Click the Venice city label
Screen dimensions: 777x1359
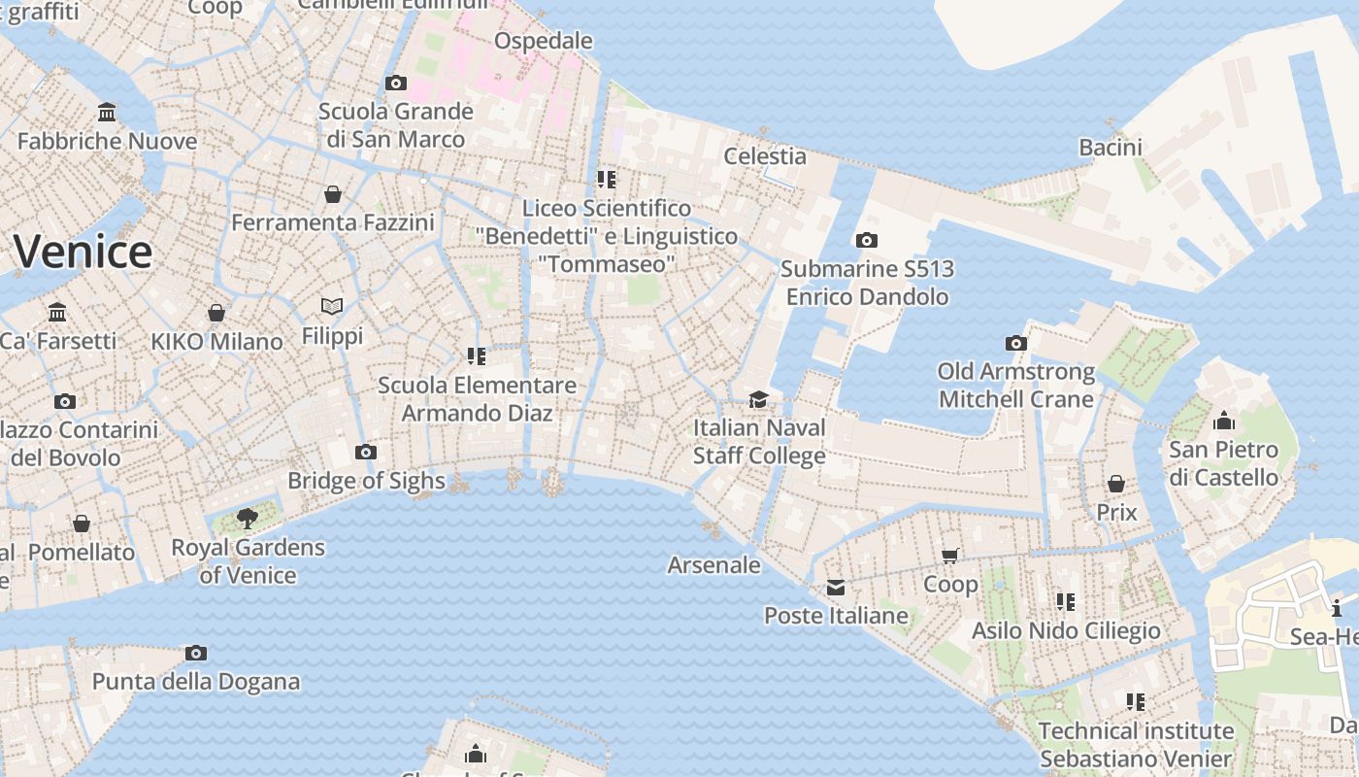tap(83, 252)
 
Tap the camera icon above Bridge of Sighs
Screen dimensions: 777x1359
tap(366, 452)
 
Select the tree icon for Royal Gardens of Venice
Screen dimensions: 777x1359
tap(248, 518)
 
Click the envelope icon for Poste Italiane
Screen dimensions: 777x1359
tap(835, 587)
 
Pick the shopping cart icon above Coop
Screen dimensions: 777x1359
tap(950, 556)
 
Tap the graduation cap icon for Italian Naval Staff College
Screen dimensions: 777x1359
tap(758, 399)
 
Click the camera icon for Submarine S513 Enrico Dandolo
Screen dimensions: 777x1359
tap(867, 240)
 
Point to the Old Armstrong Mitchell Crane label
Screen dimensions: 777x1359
tap(1016, 385)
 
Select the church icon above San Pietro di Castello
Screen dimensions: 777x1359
tap(1224, 421)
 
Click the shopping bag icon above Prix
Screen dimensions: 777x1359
tap(1116, 483)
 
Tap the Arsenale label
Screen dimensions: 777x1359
tap(714, 564)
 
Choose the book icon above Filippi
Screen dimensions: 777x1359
tap(332, 307)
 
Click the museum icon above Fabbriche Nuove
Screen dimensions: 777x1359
tap(107, 113)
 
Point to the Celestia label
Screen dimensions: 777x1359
tap(765, 155)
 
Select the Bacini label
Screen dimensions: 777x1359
tap(1110, 147)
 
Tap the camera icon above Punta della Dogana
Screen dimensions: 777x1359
tap(196, 653)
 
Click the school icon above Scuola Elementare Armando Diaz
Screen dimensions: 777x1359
tap(476, 356)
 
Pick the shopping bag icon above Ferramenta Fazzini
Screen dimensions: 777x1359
tap(333, 194)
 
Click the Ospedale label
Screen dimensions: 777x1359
tap(544, 40)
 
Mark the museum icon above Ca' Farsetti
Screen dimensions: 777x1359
tap(57, 312)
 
